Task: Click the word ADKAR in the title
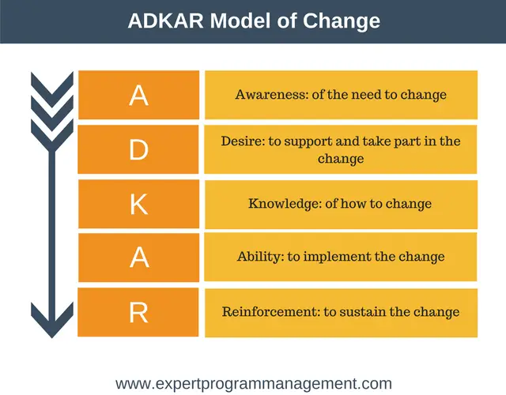tap(165, 21)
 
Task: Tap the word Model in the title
tap(240, 21)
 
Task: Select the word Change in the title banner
tap(342, 21)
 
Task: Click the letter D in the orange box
tap(139, 150)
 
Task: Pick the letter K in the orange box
tap(139, 204)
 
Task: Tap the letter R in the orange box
tap(139, 313)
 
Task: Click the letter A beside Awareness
tap(139, 96)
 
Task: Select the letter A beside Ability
tap(139, 258)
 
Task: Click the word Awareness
tap(272, 95)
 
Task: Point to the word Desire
tap(243, 141)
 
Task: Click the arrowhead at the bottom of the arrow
tap(52, 320)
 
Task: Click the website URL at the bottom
tap(254, 384)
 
